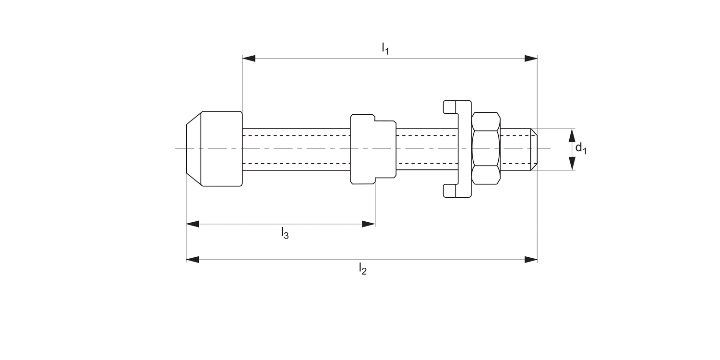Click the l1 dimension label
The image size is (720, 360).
[x=385, y=48]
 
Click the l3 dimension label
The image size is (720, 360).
[x=285, y=234]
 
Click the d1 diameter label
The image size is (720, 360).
[x=581, y=148]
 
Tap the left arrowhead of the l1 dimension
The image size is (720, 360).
[x=249, y=59]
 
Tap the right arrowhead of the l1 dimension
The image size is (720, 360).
[x=531, y=59]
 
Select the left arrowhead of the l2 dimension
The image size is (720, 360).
[x=192, y=260]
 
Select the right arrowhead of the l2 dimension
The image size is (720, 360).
[x=531, y=260]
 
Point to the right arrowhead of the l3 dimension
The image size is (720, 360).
[x=369, y=224]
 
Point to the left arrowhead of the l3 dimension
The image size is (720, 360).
[x=192, y=224]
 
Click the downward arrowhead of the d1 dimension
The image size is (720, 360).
[x=572, y=164]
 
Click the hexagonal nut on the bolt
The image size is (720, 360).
[x=486, y=148]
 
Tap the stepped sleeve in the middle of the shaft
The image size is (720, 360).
[x=373, y=149]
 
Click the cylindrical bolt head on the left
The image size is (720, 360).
[x=221, y=148]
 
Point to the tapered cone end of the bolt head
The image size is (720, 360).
[x=193, y=148]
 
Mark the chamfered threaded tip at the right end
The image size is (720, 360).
[x=533, y=149]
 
